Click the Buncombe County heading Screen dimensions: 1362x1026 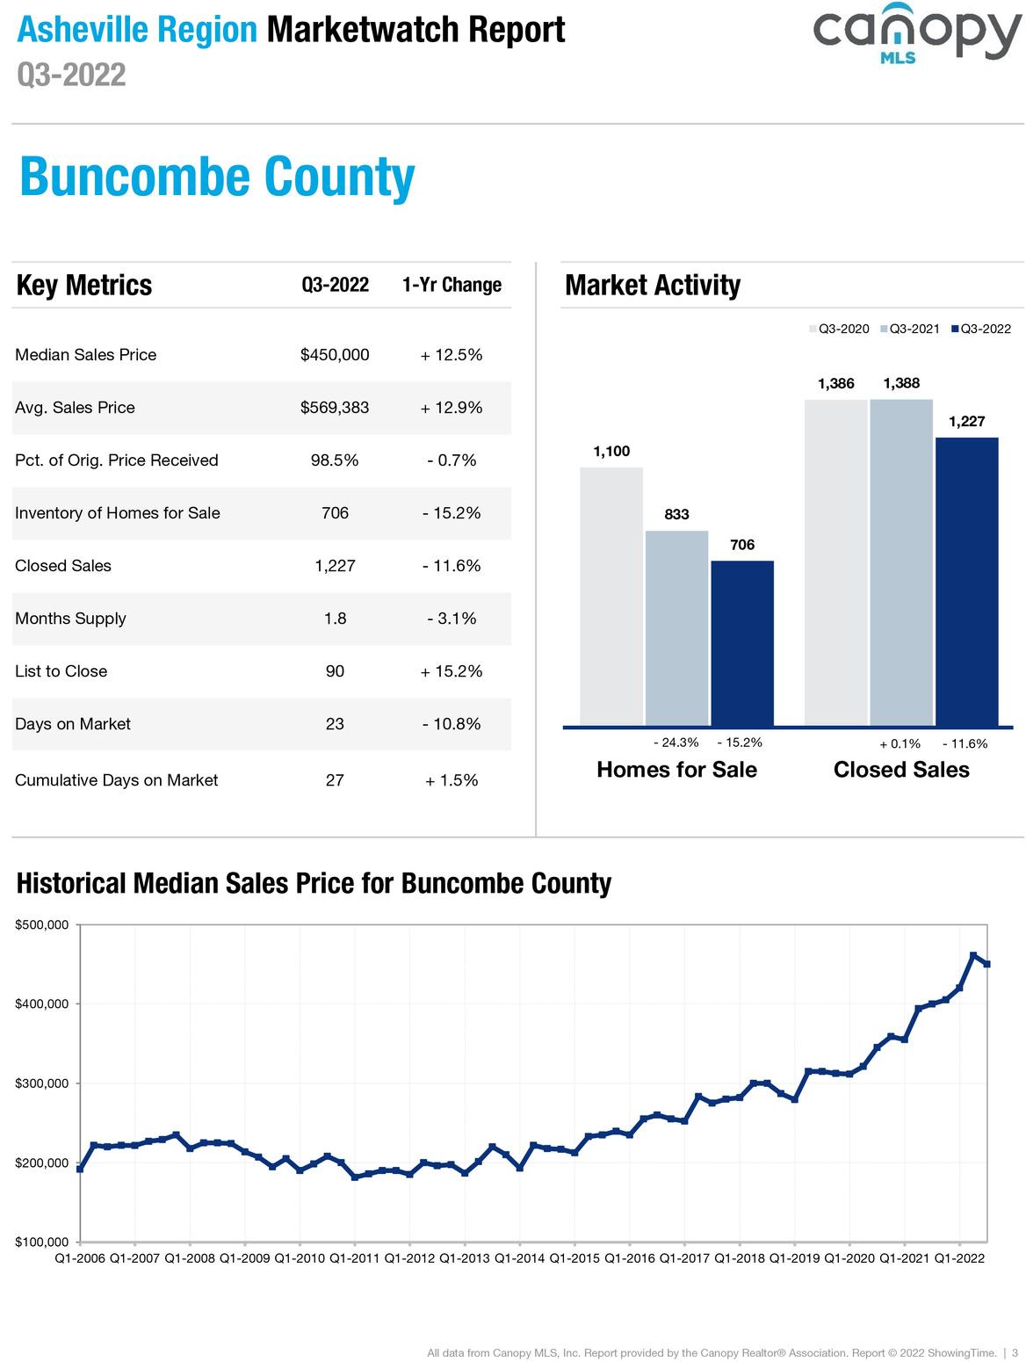(x=217, y=177)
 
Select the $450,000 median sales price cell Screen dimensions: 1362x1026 (x=335, y=355)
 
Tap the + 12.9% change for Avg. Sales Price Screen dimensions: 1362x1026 (x=452, y=408)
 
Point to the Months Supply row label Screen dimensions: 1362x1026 (x=70, y=619)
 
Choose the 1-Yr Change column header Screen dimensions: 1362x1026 (x=452, y=285)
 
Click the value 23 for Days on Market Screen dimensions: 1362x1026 (x=335, y=724)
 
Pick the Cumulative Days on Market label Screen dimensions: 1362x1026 (x=116, y=780)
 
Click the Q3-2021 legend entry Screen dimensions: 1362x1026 (x=909, y=329)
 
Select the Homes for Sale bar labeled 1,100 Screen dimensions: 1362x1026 (x=611, y=598)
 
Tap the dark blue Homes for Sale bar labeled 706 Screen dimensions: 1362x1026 (x=742, y=643)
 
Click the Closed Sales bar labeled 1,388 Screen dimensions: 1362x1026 (x=901, y=562)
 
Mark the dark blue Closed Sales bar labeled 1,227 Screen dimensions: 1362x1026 (x=966, y=582)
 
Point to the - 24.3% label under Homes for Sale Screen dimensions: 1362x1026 (x=676, y=743)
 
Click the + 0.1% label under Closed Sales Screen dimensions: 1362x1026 (x=900, y=743)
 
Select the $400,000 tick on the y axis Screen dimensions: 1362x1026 (x=42, y=1004)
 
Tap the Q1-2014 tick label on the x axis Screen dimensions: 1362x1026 (x=519, y=1258)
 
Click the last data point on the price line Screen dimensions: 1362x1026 (x=986, y=964)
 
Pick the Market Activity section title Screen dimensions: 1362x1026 (x=652, y=285)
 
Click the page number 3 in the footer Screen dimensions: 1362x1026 (x=1015, y=1352)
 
